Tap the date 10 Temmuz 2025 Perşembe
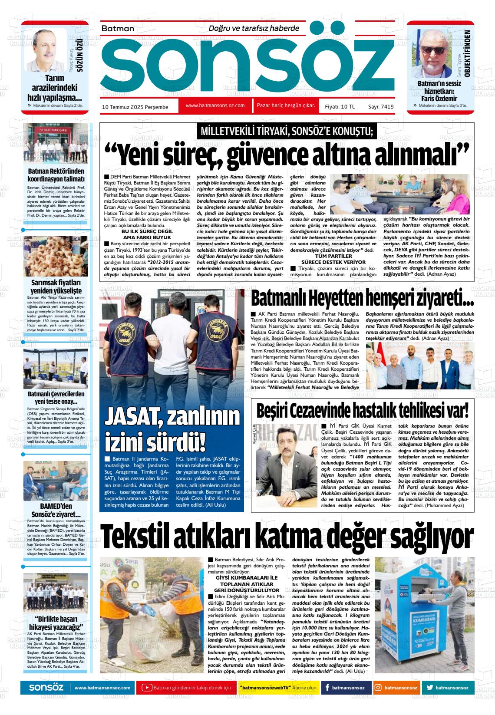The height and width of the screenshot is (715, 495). (135, 107)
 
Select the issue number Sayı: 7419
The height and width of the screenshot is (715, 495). (381, 106)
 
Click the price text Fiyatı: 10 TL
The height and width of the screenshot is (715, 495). (340, 106)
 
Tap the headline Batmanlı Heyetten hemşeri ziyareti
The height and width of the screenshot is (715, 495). (362, 299)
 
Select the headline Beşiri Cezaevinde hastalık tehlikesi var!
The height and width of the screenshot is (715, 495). (363, 409)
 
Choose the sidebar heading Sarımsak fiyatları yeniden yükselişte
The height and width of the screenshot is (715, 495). (56, 287)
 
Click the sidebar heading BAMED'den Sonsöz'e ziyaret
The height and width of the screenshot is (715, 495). (56, 510)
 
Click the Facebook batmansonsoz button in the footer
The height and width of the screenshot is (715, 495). (346, 688)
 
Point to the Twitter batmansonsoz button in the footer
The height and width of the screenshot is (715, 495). (447, 688)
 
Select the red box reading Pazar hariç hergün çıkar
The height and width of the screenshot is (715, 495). (286, 105)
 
